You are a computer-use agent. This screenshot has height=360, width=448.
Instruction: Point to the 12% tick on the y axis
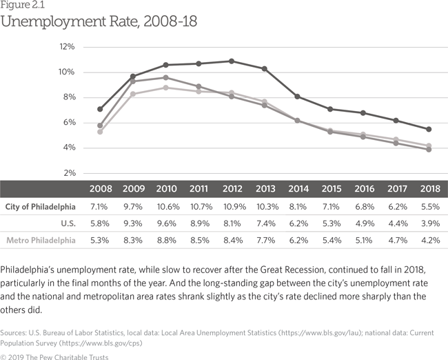(x=67, y=47)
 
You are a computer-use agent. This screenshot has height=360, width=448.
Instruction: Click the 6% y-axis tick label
(x=68, y=123)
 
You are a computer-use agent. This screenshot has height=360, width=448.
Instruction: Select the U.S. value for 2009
(x=134, y=223)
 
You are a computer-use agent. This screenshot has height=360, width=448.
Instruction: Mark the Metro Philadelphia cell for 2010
(x=166, y=239)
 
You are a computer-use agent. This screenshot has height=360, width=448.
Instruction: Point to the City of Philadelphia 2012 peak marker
(x=231, y=61)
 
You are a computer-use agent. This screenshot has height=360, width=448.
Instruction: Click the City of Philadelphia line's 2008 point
(x=101, y=109)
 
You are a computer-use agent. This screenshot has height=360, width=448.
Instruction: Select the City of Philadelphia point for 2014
(x=297, y=97)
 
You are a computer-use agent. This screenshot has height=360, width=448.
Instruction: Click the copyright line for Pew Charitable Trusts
(x=59, y=350)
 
